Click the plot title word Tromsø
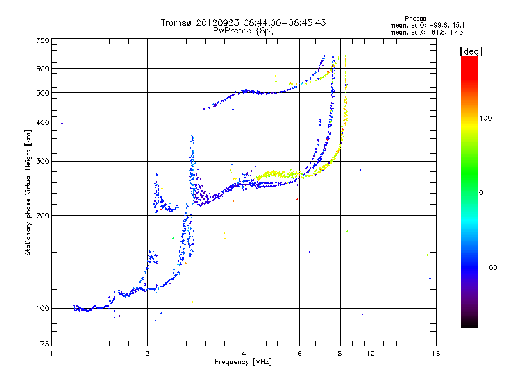point(177,22)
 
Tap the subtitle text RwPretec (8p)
point(243,31)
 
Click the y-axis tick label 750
point(42,40)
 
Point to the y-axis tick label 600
point(42,69)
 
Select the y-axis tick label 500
point(42,93)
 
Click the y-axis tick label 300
point(42,161)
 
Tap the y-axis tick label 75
point(45,344)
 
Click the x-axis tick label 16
point(436,354)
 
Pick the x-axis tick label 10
point(371,354)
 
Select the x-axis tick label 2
point(147,354)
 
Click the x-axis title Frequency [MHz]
point(243,362)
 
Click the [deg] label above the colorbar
point(471,51)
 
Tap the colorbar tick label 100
point(485,118)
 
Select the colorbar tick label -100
point(488,268)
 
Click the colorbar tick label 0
point(481,193)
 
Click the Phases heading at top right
point(415,19)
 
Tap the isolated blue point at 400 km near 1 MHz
point(62,123)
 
